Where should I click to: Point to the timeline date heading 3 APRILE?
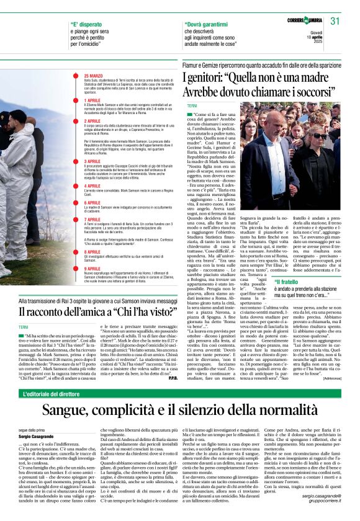pyautogui.click(x=92, y=161)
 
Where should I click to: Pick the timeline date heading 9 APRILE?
pyautogui.click(x=92, y=269)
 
